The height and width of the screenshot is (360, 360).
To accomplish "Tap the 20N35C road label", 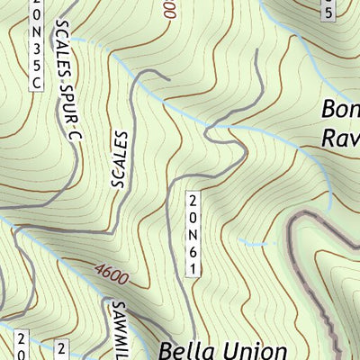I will pos(36,45).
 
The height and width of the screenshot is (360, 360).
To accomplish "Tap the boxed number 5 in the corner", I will pos(329,11).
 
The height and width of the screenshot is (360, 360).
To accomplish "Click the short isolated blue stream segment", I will pos(256,243).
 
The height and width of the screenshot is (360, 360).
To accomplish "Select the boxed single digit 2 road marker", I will pos(62,348).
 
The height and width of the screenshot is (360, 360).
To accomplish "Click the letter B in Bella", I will pos(166,349).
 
